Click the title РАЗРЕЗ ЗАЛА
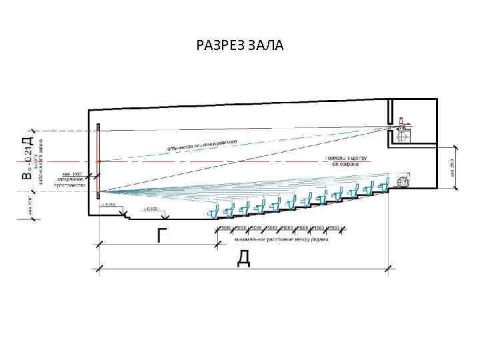(x=240, y=45)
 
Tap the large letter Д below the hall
(x=244, y=259)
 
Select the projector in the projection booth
(x=403, y=131)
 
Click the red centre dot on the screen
(x=99, y=161)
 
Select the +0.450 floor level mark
(x=109, y=205)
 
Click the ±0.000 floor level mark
(x=151, y=209)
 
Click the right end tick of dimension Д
(x=389, y=269)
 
